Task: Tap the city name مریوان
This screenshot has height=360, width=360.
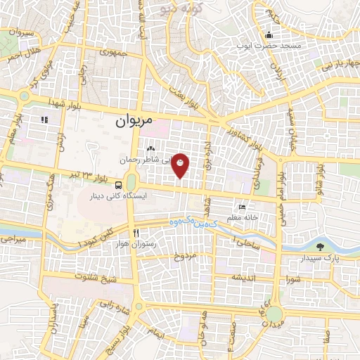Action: click(x=132, y=121)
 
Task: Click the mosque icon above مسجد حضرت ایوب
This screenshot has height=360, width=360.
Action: click(x=268, y=35)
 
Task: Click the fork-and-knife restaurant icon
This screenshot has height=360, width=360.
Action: click(x=136, y=233)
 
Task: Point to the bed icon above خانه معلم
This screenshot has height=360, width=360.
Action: click(x=243, y=207)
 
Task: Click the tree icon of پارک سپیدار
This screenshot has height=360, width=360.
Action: click(x=321, y=247)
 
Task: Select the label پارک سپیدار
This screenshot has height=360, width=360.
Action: click(x=326, y=258)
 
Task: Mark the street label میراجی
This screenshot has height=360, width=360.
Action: click(x=15, y=240)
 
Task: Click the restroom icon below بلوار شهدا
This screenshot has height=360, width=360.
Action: click(x=44, y=120)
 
